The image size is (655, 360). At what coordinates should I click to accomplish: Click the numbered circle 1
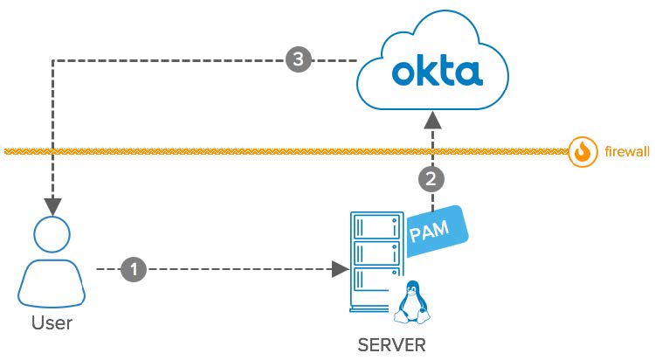point(133,269)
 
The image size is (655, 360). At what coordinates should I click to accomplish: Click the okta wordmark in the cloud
point(437,72)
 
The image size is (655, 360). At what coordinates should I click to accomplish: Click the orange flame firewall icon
point(582,152)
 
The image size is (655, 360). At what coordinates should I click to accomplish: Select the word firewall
point(627,152)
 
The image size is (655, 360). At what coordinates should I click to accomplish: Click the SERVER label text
point(392,344)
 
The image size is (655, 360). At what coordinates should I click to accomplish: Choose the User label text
point(52,323)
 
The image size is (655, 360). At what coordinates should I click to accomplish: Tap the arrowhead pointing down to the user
point(52,207)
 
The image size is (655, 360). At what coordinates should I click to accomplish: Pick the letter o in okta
point(403,74)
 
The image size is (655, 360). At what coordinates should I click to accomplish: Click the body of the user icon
point(52,284)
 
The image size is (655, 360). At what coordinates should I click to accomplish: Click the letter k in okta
point(427,71)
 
